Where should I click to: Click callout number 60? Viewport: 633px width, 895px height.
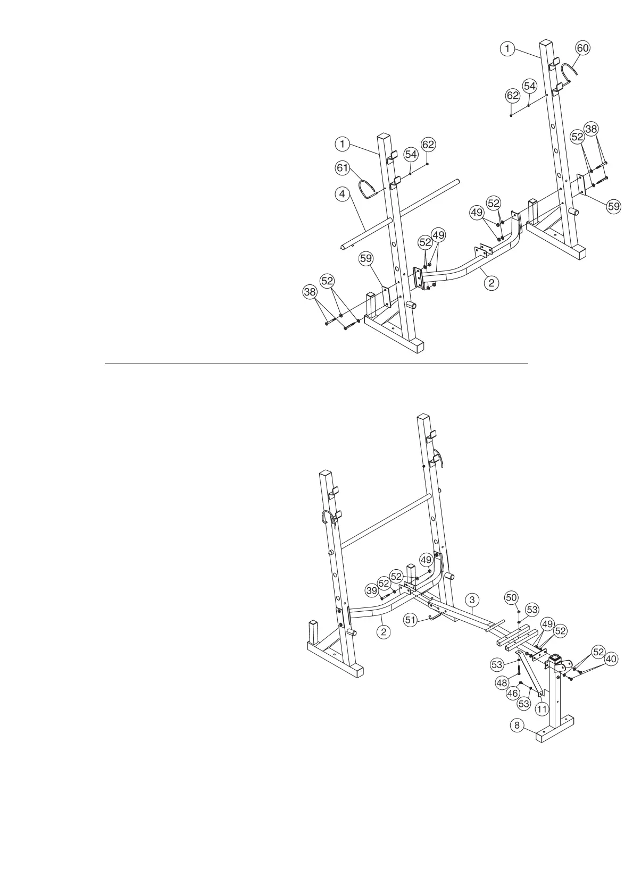coord(583,48)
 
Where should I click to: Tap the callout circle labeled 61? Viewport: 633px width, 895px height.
coord(342,168)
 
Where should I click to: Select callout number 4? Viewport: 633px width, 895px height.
coord(342,194)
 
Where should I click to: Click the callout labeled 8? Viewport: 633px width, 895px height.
coord(516,725)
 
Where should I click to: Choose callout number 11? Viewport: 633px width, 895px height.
coord(542,708)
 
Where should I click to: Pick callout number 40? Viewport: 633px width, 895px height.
coord(612,659)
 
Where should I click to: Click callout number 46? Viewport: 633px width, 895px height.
coord(512,693)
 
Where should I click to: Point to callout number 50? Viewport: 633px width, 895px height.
coord(511,598)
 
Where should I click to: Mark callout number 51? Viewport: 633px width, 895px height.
coord(410,620)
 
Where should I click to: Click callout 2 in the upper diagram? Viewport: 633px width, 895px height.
coord(492,282)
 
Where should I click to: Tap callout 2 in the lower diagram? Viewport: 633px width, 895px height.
coord(383,632)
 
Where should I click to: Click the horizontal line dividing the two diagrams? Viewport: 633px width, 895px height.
coord(316,364)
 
